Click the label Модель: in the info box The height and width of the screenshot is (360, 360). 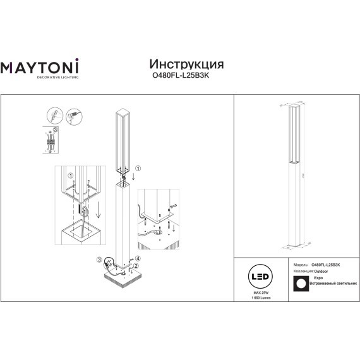301,265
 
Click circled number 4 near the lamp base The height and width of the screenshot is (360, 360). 137,260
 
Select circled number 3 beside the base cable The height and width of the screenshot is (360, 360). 99,260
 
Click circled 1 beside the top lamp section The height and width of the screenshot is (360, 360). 139,169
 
